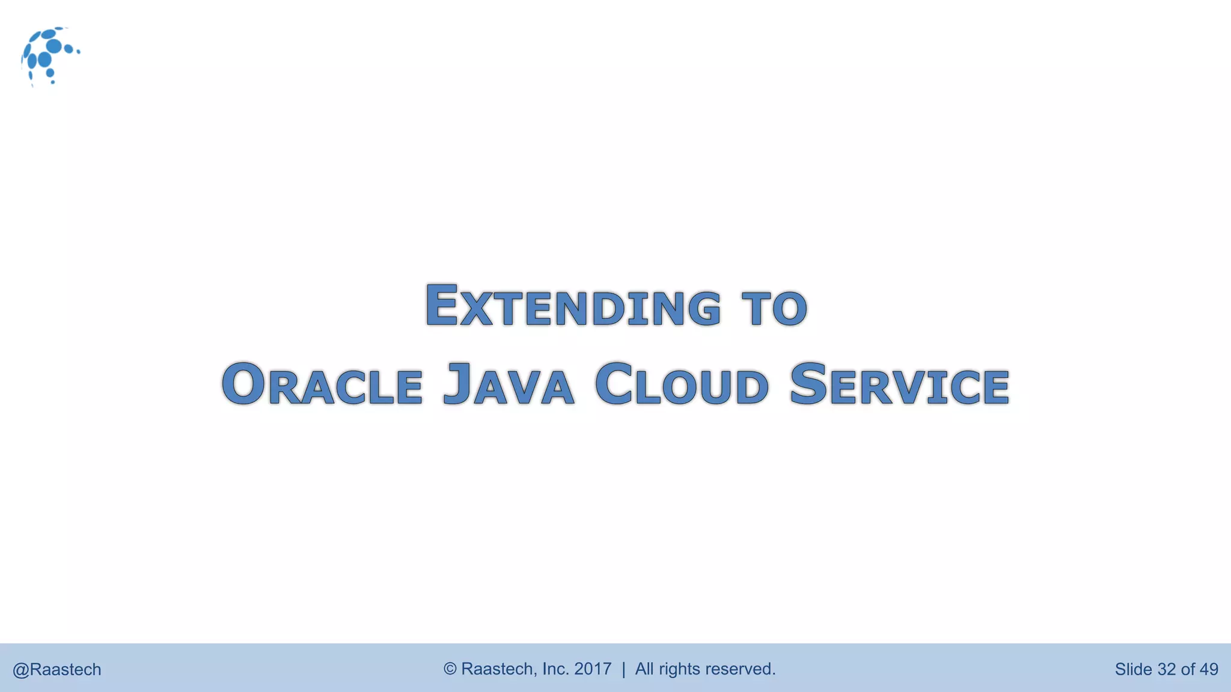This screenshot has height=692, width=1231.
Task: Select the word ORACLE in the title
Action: pos(322,384)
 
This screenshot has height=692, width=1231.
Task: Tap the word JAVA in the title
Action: pos(509,384)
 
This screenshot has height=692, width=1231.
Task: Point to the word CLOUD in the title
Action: pos(682,384)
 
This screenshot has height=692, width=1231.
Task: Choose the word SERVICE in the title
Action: pos(899,384)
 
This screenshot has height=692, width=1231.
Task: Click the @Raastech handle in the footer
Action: pos(57,669)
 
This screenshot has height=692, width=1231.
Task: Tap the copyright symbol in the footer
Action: pos(450,669)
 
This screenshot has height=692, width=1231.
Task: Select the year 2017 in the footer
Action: pos(593,669)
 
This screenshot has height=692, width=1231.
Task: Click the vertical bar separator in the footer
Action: pos(623,669)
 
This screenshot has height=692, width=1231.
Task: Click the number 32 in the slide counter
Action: pos(1166,669)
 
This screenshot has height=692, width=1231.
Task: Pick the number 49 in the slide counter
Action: pos(1208,669)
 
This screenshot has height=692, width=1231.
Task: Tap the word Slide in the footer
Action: pos(1133,669)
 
